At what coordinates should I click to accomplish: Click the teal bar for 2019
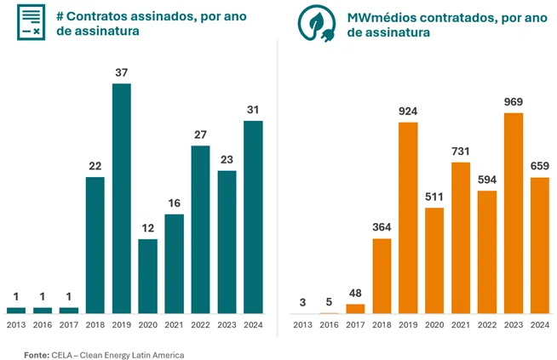[x=122, y=197]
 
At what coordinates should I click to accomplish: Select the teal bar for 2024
[x=253, y=216]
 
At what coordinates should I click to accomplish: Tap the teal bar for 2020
[x=148, y=276]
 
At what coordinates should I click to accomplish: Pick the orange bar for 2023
[x=513, y=213]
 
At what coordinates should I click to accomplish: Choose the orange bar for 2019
[x=408, y=218]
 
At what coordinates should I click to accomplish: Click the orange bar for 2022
[x=486, y=252]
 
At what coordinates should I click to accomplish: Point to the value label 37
[x=122, y=73]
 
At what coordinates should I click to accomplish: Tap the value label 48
[x=355, y=294]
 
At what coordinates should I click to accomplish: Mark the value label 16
[x=174, y=204]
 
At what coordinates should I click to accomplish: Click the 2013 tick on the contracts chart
[x=16, y=325]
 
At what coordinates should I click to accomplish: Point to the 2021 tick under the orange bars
[x=461, y=325]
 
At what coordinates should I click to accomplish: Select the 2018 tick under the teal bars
[x=95, y=325]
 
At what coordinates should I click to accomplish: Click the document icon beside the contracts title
[x=32, y=21]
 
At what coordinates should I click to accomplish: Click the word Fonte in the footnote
[x=35, y=353]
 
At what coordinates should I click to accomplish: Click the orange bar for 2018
[x=382, y=276]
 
